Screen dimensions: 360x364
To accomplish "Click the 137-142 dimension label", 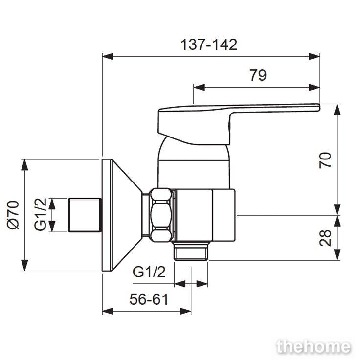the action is pyautogui.click(x=209, y=45).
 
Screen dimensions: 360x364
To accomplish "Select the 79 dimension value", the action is pyautogui.click(x=258, y=75).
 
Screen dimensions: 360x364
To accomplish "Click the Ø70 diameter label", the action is pyautogui.click(x=13, y=215).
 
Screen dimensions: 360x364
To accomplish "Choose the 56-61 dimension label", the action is pyautogui.click(x=149, y=299).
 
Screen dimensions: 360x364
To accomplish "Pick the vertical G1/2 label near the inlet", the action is pyautogui.click(x=41, y=214).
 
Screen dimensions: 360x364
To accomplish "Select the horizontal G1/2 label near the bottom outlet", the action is pyautogui.click(x=149, y=272).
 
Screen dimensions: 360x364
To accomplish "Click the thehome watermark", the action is pyautogui.click(x=314, y=347).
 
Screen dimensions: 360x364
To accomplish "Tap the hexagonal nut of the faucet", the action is pyautogui.click(x=161, y=215).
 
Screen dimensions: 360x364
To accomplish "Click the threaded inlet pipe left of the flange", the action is pyautogui.click(x=85, y=215).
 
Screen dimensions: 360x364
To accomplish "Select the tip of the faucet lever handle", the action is pyautogui.click(x=319, y=107).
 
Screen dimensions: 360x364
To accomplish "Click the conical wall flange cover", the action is pyautogui.click(x=122, y=215).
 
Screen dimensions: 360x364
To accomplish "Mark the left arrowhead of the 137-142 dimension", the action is pyautogui.click(x=108, y=56).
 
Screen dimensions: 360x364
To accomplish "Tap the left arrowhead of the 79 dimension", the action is pyautogui.click(x=199, y=88).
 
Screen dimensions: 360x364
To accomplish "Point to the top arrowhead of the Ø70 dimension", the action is pyautogui.click(x=24, y=165).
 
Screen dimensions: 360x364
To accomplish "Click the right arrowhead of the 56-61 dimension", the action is pyautogui.click(x=185, y=311).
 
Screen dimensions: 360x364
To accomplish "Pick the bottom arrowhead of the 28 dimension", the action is pyautogui.click(x=337, y=255).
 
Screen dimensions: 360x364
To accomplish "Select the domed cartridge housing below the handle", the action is pyautogui.click(x=194, y=162).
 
